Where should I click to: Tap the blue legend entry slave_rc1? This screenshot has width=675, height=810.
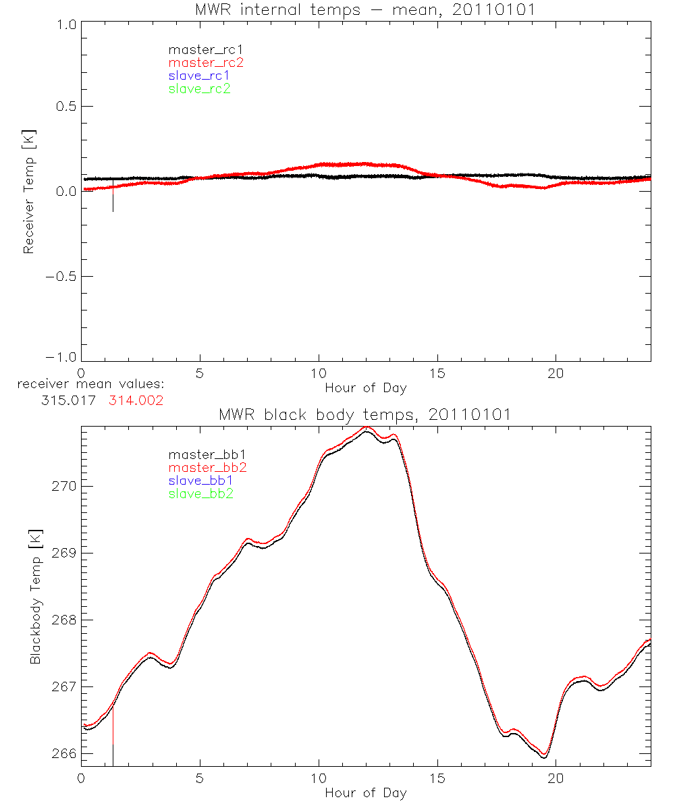pos(199,76)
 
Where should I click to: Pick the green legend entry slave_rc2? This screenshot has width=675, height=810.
pos(199,88)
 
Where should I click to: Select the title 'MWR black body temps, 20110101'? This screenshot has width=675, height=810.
pos(365,414)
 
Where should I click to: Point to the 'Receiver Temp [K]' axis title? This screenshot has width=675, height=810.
pos(28,192)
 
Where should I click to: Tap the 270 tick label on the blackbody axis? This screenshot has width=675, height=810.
pos(63,487)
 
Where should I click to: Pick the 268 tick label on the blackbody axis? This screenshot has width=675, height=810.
pos(63,620)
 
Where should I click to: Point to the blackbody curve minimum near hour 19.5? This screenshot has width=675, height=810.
pos(544,756)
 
